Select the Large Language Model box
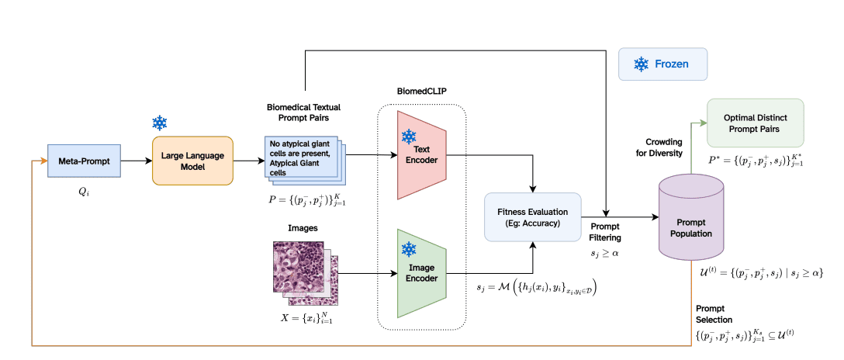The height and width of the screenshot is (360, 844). coord(192,161)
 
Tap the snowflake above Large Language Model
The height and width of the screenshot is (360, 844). coord(160,123)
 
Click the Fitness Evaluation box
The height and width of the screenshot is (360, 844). coord(532,216)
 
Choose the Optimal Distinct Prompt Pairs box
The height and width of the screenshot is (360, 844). coord(755,123)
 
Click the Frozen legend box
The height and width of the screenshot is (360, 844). coord(662,64)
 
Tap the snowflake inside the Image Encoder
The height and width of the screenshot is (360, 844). coord(408,249)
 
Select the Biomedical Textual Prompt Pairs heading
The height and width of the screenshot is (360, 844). coord(303,112)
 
